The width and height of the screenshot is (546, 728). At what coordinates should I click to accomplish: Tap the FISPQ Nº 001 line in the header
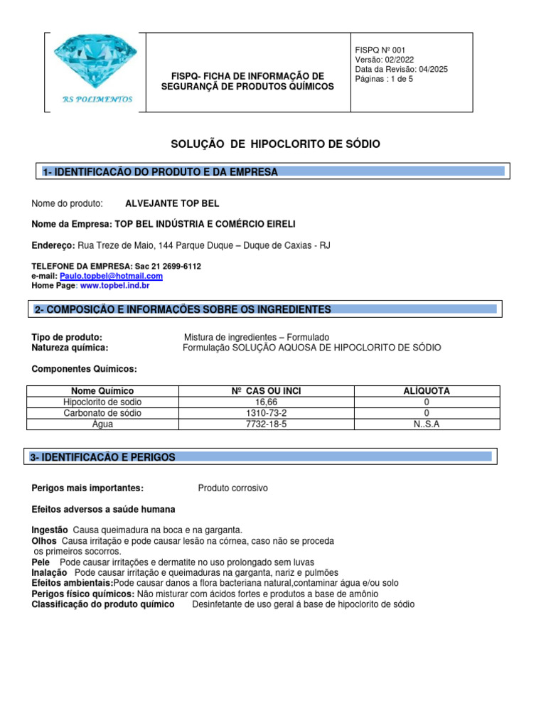(x=380, y=49)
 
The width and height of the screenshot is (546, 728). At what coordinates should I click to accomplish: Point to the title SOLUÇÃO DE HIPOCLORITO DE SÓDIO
(x=276, y=144)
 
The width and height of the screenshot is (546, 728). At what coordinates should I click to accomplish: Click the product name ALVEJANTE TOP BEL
(x=172, y=203)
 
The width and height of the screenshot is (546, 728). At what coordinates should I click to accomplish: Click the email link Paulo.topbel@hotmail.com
(x=111, y=276)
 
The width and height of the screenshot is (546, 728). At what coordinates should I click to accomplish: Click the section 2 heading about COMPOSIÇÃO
(x=183, y=309)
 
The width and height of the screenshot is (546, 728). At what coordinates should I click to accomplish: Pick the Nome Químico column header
(x=102, y=391)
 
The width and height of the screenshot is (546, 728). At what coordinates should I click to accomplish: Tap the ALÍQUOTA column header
(x=426, y=391)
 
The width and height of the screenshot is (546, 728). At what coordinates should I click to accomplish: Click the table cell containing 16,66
(x=266, y=402)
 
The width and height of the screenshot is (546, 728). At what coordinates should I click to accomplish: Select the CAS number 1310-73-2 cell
(x=266, y=413)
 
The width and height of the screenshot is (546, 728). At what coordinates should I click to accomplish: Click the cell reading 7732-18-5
(x=266, y=424)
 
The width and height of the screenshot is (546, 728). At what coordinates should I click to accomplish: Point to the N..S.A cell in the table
(x=426, y=424)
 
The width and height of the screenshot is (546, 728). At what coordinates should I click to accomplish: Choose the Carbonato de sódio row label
(x=102, y=413)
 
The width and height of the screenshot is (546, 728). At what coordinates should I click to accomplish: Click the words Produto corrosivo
(x=232, y=488)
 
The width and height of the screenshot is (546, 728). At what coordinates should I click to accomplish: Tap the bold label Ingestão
(x=50, y=530)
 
